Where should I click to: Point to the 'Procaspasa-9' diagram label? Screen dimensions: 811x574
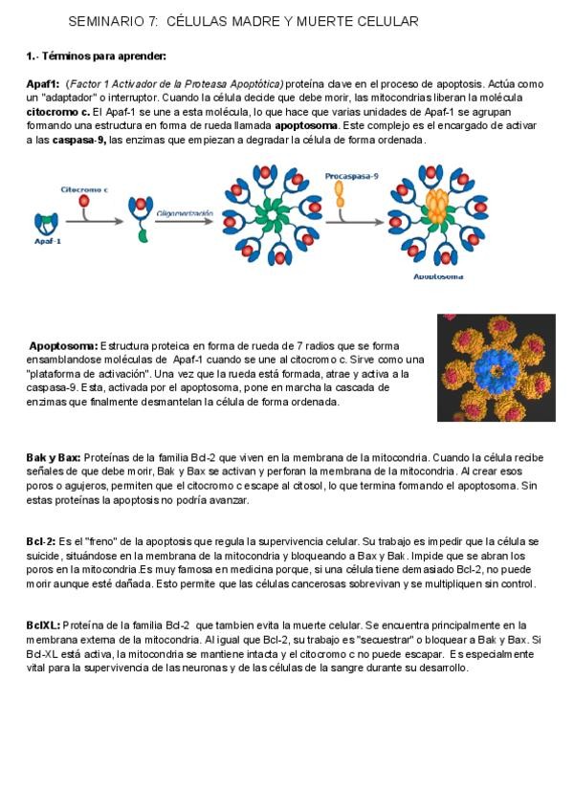click(x=351, y=177)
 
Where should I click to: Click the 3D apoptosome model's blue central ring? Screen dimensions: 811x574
click(x=496, y=367)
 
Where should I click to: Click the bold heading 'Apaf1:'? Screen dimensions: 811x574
click(x=43, y=84)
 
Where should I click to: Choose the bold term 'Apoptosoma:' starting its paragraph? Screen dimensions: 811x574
click(x=63, y=345)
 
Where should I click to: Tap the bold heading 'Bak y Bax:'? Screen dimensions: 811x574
click(x=54, y=458)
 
